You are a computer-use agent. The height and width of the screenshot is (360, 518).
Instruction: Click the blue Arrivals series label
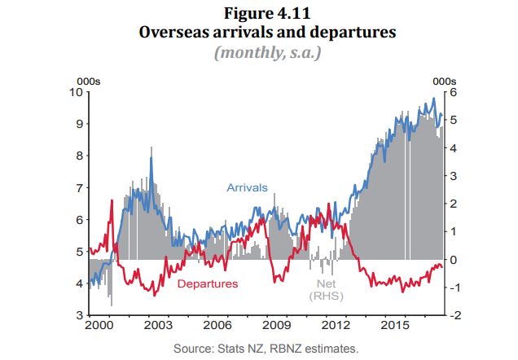pyautogui.click(x=247, y=188)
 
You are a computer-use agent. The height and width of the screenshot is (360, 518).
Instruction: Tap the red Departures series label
pyautogui.click(x=207, y=283)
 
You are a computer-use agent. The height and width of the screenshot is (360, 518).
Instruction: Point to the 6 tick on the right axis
pyautogui.click(x=454, y=92)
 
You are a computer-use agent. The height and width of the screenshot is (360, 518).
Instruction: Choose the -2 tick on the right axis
pyautogui.click(x=456, y=315)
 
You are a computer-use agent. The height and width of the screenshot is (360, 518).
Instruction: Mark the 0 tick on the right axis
pyautogui.click(x=454, y=260)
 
